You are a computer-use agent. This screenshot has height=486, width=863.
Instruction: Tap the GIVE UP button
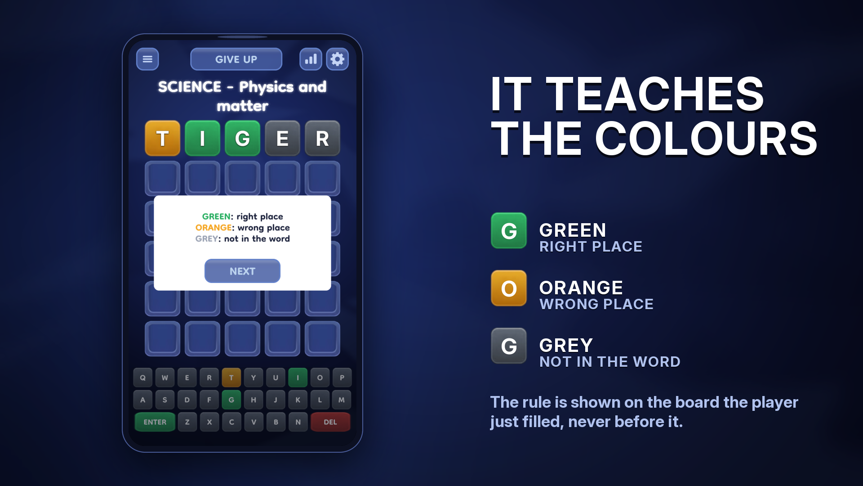pyautogui.click(x=236, y=59)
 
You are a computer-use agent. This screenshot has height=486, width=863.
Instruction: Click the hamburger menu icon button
pyautogui.click(x=147, y=59)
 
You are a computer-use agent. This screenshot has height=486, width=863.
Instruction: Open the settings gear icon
pyautogui.click(x=337, y=59)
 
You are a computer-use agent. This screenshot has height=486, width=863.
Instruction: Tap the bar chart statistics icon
pyautogui.click(x=311, y=59)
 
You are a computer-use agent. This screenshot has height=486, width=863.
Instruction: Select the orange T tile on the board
pyautogui.click(x=162, y=138)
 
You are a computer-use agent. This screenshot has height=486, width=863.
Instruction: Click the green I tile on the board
pyautogui.click(x=202, y=138)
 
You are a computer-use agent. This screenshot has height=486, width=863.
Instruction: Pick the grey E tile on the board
pyautogui.click(x=282, y=138)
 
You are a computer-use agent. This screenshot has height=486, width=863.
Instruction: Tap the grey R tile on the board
pyautogui.click(x=322, y=138)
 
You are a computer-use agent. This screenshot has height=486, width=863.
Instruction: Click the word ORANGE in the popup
pyautogui.click(x=214, y=228)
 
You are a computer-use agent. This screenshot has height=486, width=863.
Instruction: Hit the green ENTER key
pyautogui.click(x=155, y=422)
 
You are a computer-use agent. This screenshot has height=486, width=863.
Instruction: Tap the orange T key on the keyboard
pyautogui.click(x=231, y=378)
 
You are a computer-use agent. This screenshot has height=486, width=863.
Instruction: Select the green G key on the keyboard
pyautogui.click(x=231, y=400)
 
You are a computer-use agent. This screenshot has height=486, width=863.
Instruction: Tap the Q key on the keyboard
pyautogui.click(x=142, y=378)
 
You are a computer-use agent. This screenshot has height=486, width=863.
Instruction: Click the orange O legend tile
pyautogui.click(x=509, y=288)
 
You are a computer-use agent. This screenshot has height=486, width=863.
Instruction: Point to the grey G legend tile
pyautogui.click(x=509, y=346)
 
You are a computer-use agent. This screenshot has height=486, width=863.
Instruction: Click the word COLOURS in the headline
pyautogui.click(x=706, y=139)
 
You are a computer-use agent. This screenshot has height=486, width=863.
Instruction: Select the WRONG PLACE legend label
pyautogui.click(x=596, y=304)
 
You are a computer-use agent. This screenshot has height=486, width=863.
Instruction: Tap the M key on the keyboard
pyautogui.click(x=342, y=400)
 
